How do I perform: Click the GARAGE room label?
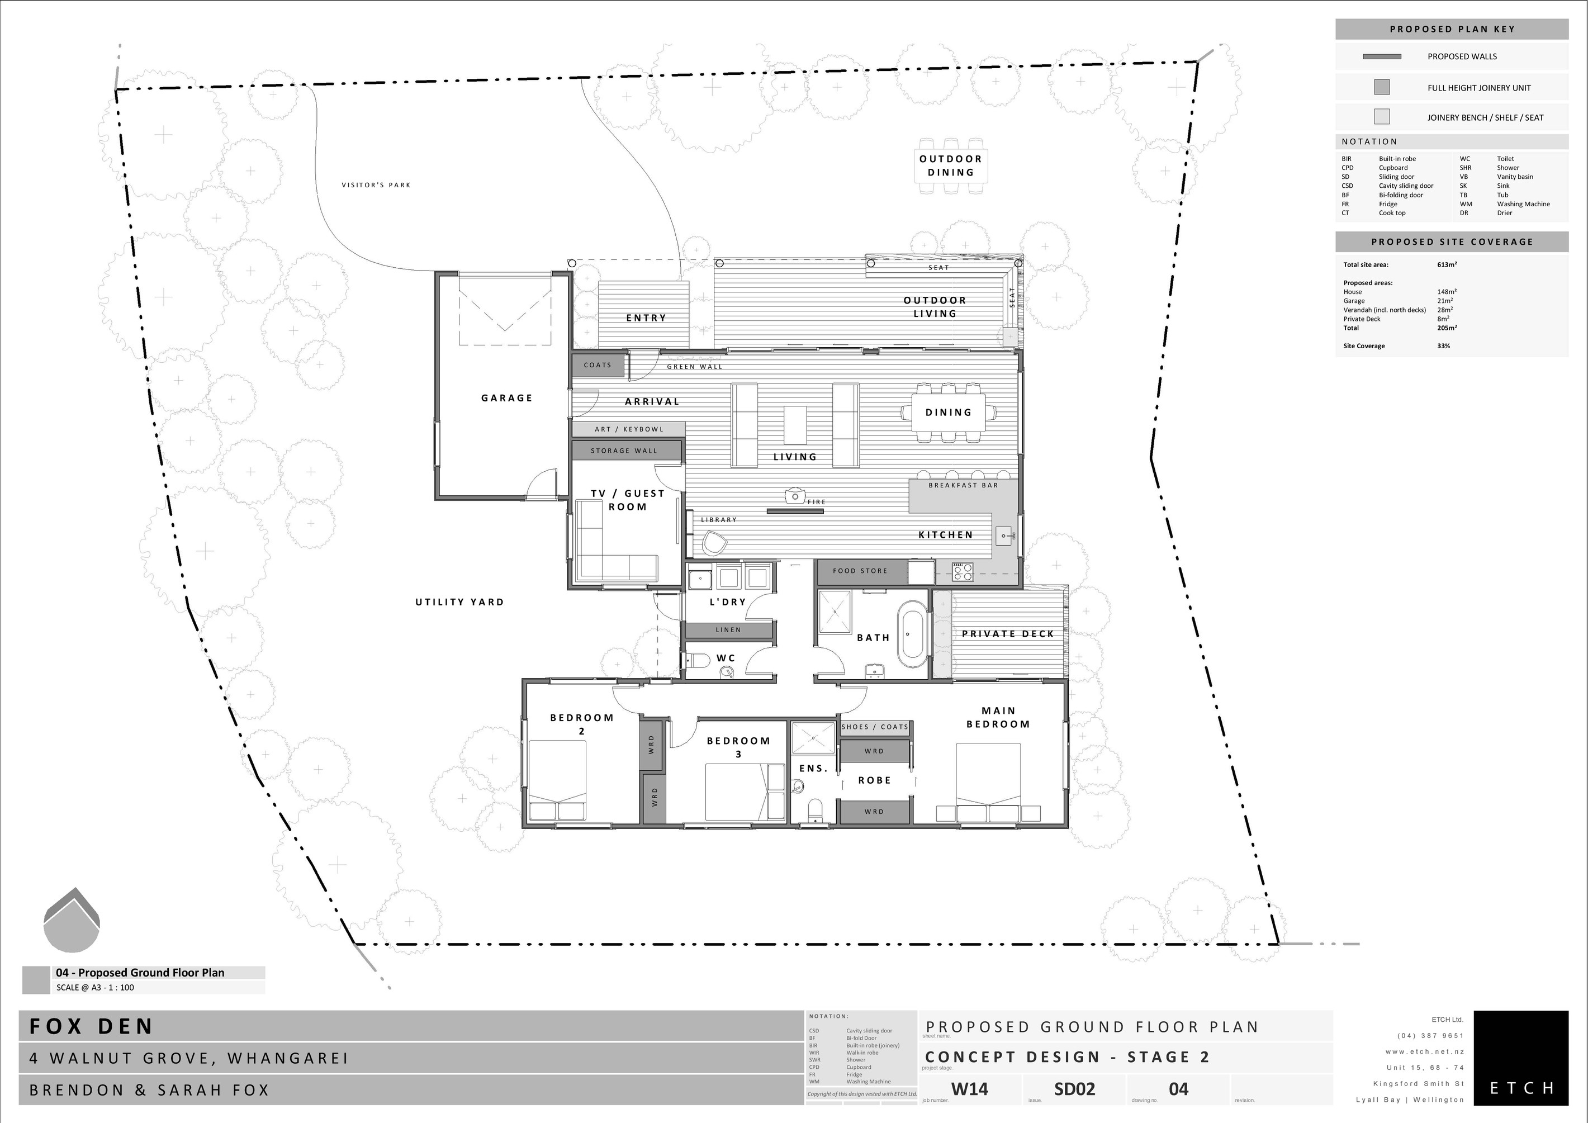click(506, 397)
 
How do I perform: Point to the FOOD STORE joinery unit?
click(860, 571)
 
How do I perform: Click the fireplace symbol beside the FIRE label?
click(795, 496)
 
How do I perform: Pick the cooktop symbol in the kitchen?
click(963, 572)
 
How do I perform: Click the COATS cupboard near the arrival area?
click(598, 365)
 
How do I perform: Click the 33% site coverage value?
click(1443, 346)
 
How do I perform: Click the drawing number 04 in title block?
click(1178, 1089)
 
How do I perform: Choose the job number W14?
click(969, 1089)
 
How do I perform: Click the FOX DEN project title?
click(91, 1026)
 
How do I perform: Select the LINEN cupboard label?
click(728, 630)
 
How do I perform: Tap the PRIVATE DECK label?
click(1007, 633)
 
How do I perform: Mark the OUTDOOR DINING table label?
click(950, 166)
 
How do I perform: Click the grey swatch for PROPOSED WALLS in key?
click(1381, 56)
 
